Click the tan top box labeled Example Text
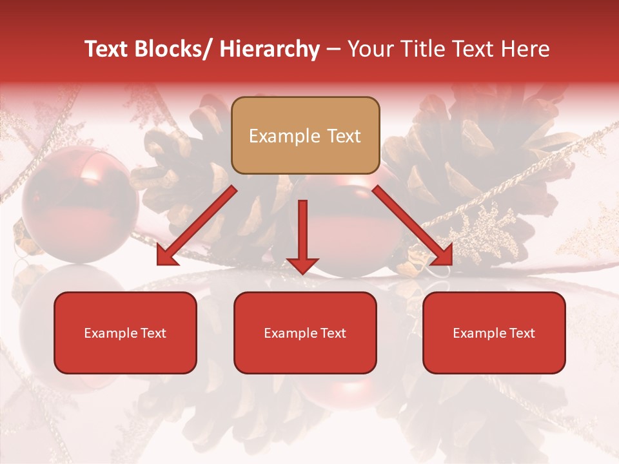pos(305,135)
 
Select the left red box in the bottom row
pos(125,333)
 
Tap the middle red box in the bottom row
pos(305,333)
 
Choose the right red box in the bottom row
pos(494,333)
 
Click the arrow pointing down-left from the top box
pos(197,226)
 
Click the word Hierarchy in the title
pos(269,49)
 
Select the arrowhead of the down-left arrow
pos(167,255)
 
